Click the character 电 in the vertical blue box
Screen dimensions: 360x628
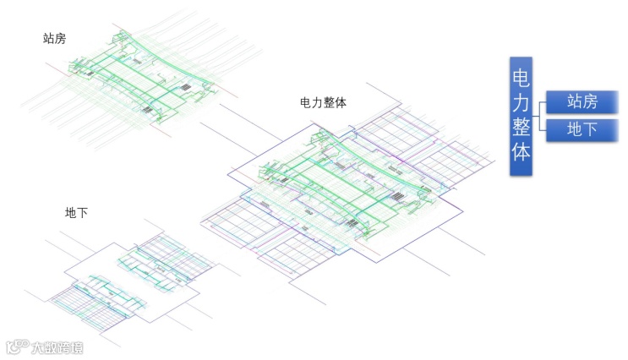click(521, 76)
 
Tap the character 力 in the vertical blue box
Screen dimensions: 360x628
click(521, 103)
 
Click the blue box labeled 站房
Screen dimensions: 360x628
click(582, 102)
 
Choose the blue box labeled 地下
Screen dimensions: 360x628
click(582, 129)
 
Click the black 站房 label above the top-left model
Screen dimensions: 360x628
click(55, 38)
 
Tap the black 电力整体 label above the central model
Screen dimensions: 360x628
click(323, 101)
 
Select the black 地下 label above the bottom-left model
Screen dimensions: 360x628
click(76, 213)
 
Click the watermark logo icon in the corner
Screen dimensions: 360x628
click(17, 346)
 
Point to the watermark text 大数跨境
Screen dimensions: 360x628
click(57, 346)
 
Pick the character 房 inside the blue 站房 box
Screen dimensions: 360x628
click(589, 102)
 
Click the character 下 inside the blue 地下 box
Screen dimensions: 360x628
click(589, 129)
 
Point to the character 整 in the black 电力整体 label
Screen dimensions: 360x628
click(329, 101)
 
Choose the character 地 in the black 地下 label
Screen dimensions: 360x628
click(70, 213)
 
